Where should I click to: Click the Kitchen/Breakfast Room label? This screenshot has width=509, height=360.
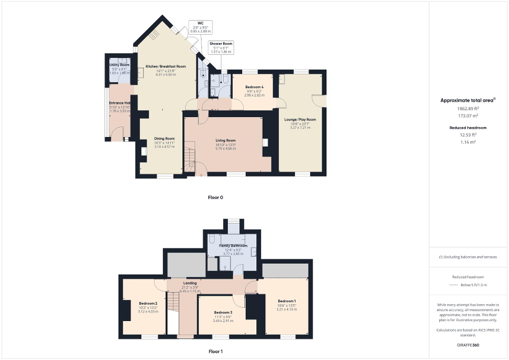[x=166, y=67]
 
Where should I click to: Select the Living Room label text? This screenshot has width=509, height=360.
[x=225, y=140]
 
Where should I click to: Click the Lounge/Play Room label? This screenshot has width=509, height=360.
[x=300, y=120]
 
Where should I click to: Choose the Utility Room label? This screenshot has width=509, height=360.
[x=119, y=64]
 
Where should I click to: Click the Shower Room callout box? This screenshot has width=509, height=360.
[x=220, y=47]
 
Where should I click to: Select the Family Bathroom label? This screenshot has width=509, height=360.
[x=233, y=246]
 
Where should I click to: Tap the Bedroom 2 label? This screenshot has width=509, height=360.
[x=148, y=304]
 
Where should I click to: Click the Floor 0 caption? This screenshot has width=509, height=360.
[x=215, y=198]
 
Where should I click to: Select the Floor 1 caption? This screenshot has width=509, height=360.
[x=216, y=351]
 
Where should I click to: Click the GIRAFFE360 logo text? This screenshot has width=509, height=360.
[x=469, y=345]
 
